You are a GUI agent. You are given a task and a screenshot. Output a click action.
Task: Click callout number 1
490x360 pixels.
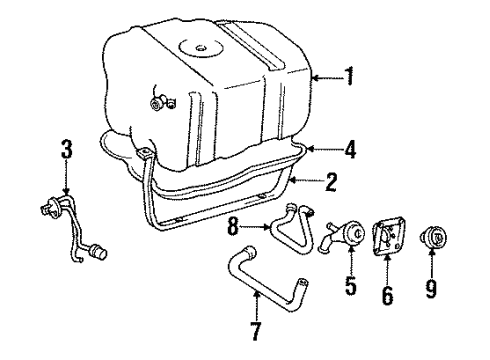[x=348, y=76]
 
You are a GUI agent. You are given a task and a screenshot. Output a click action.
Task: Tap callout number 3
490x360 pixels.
[x=66, y=152]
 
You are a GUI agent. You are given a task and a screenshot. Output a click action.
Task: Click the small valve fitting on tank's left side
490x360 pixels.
[x=159, y=101]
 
